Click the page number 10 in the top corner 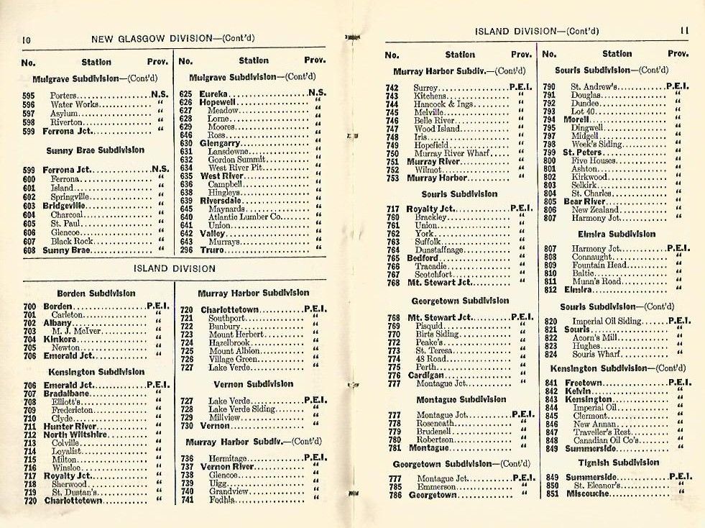[x=26, y=39]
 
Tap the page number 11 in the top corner [x=683, y=32]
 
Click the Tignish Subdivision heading [x=617, y=463]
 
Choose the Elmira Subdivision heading [x=617, y=234]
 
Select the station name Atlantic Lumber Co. [x=244, y=217]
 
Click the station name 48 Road [x=431, y=358]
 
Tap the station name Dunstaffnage [x=440, y=250]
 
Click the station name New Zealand [x=595, y=209]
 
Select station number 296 [x=186, y=250]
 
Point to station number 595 [x=29, y=96]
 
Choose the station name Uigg [x=217, y=483]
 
